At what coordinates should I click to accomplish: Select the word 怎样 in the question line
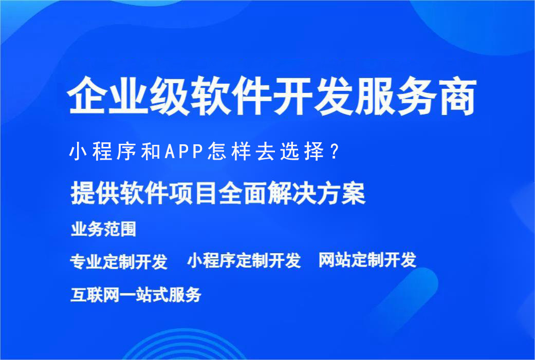click(x=223, y=153)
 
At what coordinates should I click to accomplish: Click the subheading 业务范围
click(x=103, y=229)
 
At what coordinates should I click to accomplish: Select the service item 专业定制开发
click(x=119, y=261)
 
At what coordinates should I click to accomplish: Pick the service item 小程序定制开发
click(x=244, y=261)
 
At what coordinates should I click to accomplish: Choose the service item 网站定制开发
click(x=367, y=260)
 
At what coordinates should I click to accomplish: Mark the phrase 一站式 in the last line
click(x=144, y=295)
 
